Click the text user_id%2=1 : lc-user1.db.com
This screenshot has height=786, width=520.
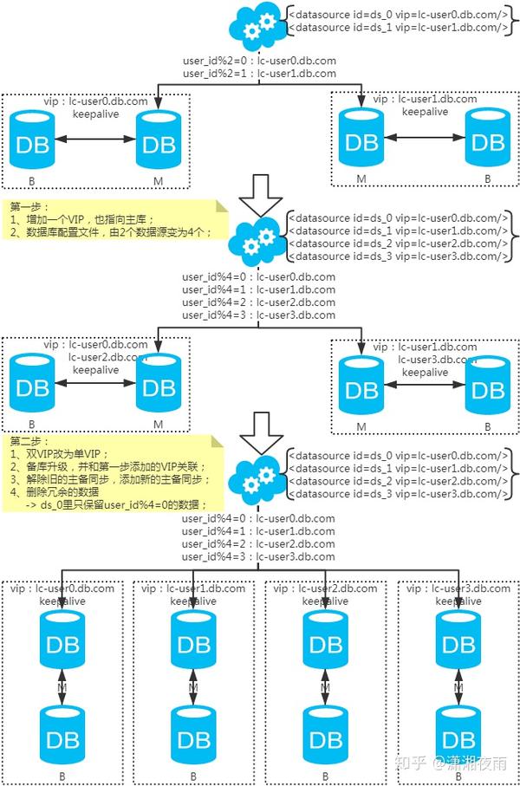point(259,74)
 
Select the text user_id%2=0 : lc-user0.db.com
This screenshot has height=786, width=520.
point(259,62)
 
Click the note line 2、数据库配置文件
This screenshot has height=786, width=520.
point(113,232)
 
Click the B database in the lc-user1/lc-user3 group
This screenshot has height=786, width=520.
point(487,386)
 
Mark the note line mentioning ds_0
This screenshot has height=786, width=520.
point(116,504)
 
